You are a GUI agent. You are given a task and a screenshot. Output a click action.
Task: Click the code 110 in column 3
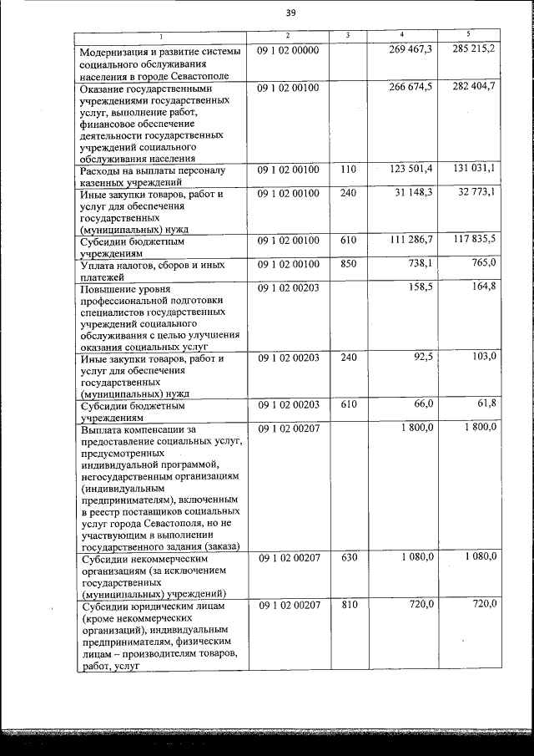[349, 170]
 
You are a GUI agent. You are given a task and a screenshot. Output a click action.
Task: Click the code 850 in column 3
[349, 263]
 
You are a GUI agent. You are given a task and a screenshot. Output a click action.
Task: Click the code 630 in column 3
[349, 556]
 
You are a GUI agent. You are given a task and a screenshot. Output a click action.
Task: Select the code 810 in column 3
[349, 604]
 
